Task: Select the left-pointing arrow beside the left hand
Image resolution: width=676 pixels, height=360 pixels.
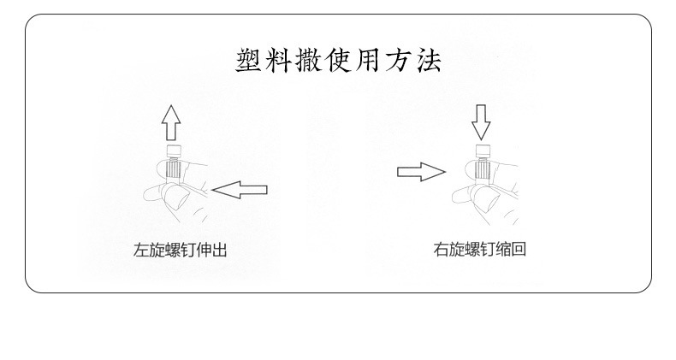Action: (x=240, y=190)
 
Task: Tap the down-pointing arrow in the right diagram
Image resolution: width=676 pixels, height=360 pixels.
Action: (x=481, y=121)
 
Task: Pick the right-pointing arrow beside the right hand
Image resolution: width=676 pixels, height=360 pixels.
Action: (x=421, y=172)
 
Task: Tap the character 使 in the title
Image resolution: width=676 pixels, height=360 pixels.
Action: (x=340, y=62)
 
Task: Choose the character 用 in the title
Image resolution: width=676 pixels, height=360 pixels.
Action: (x=370, y=62)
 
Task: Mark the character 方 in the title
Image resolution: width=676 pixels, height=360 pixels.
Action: (x=400, y=62)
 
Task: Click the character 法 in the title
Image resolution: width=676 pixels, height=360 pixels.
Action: (x=429, y=62)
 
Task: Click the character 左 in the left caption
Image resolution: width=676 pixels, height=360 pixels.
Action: (x=140, y=251)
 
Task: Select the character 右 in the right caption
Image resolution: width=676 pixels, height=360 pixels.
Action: (x=440, y=250)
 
